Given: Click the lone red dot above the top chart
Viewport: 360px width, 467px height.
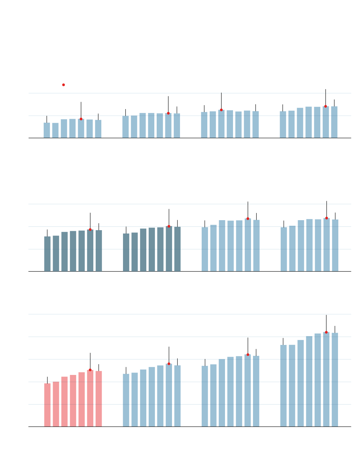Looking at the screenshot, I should click(x=63, y=85).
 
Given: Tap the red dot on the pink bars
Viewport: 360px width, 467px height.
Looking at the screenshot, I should click(x=90, y=370).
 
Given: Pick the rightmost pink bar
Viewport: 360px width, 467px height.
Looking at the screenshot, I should click(x=99, y=399).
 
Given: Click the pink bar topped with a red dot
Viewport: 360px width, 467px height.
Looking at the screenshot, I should click(x=90, y=399).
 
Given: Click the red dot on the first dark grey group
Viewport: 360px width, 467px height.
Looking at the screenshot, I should click(x=90, y=229).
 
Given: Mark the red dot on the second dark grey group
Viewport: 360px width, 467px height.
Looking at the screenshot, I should click(x=169, y=226).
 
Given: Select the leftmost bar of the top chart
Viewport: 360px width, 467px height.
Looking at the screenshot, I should click(x=47, y=130).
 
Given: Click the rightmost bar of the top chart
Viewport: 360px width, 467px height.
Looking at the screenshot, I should click(x=334, y=122).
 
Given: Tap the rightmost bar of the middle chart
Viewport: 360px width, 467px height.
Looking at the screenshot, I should click(x=335, y=245).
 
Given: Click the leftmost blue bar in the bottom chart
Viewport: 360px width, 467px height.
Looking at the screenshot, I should click(x=126, y=400).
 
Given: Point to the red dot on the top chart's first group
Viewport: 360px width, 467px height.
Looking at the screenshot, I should click(x=81, y=119).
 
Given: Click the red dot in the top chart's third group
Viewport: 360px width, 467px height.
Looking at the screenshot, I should click(x=221, y=110).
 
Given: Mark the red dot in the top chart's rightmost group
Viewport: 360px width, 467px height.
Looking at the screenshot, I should click(x=326, y=106).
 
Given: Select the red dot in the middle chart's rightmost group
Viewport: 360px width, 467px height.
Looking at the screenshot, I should click(x=327, y=218).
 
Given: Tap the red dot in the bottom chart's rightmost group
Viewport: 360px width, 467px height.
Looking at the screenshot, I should click(x=326, y=332).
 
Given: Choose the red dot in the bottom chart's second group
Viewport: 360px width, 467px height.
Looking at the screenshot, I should click(x=169, y=364).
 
